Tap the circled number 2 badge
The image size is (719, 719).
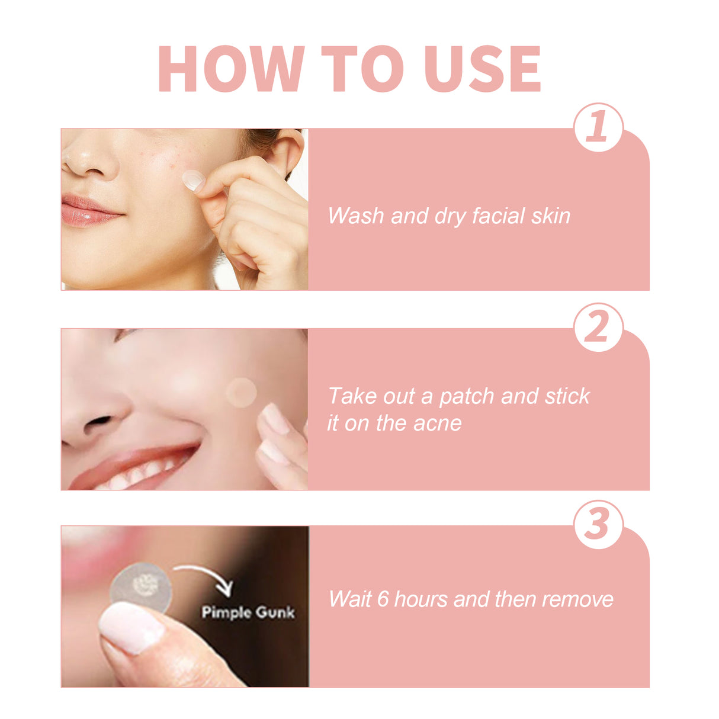pos(598,328)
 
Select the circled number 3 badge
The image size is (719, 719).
pos(598,525)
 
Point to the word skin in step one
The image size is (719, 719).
pos(551,216)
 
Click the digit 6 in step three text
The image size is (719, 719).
pos(383,599)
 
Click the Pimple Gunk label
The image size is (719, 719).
pos(248,612)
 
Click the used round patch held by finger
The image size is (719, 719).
pos(141,588)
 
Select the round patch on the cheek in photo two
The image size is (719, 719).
pos(241,392)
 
